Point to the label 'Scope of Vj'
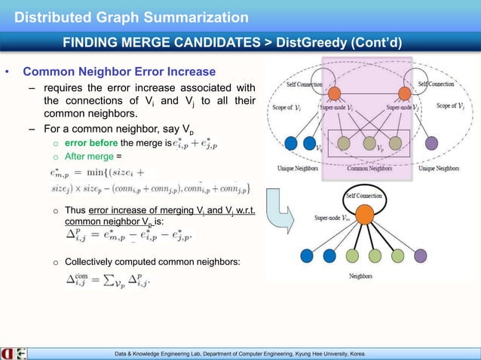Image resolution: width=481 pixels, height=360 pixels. (455, 107)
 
